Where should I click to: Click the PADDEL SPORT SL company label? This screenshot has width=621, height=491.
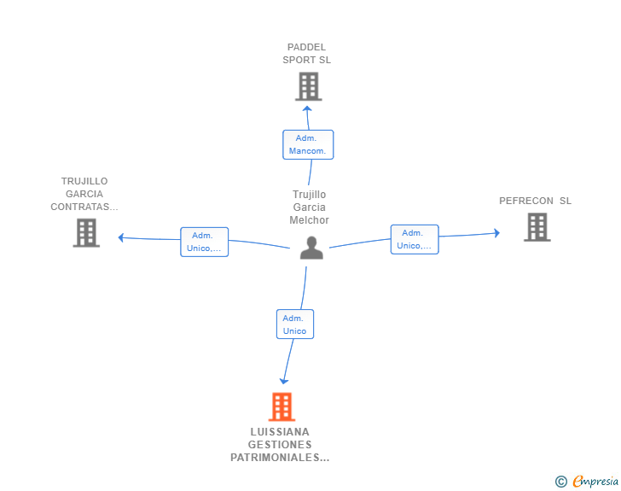(x=306, y=54)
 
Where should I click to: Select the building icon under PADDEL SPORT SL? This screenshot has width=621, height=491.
(x=309, y=86)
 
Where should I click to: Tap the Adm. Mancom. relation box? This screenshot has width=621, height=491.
(x=308, y=145)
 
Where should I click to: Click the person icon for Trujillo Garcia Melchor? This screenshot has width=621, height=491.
(x=311, y=248)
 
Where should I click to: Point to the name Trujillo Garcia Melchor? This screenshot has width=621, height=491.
(x=310, y=207)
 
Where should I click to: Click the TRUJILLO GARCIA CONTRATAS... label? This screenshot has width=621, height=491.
(x=84, y=194)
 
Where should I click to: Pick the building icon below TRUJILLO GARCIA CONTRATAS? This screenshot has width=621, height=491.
(x=86, y=233)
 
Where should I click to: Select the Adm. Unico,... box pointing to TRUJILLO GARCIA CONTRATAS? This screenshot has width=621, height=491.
(x=205, y=242)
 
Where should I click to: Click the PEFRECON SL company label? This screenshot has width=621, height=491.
(x=535, y=201)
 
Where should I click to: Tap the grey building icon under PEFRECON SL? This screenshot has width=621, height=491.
(x=537, y=227)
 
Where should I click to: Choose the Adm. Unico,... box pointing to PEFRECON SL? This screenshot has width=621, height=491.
(x=415, y=240)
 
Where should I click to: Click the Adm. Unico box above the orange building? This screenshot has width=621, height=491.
(x=295, y=324)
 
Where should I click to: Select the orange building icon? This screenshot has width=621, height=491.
(x=282, y=406)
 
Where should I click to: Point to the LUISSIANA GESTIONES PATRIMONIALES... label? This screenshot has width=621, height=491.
(x=280, y=445)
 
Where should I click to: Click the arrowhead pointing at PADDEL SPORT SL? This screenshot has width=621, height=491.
(x=307, y=108)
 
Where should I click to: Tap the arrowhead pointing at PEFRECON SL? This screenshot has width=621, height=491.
(x=496, y=233)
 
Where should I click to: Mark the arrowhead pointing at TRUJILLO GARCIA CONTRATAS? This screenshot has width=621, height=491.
(x=121, y=237)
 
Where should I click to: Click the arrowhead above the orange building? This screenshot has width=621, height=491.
(x=284, y=381)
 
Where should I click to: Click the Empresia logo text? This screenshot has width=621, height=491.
(x=595, y=481)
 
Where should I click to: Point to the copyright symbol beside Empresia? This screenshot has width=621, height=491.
(x=561, y=482)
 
